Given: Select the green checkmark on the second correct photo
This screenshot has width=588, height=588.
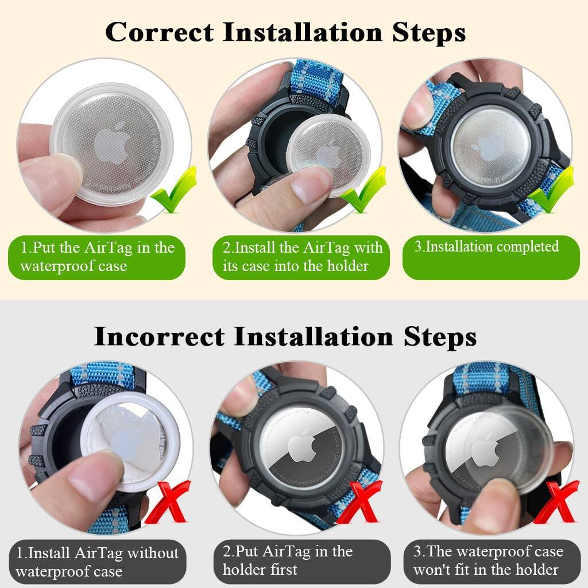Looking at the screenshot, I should pos(363,192).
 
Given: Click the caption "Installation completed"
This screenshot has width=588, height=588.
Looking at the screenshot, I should pos(486,247).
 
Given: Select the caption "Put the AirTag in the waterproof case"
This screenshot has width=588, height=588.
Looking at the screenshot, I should pos(96,257).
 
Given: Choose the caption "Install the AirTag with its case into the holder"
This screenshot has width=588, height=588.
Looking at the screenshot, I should pos(302,257).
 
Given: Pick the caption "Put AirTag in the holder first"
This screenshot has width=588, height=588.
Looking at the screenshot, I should pos(287,560).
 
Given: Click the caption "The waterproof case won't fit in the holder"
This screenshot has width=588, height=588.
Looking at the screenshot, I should pos(488,560).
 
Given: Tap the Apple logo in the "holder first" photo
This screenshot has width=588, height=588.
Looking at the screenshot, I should pos(299,450).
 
